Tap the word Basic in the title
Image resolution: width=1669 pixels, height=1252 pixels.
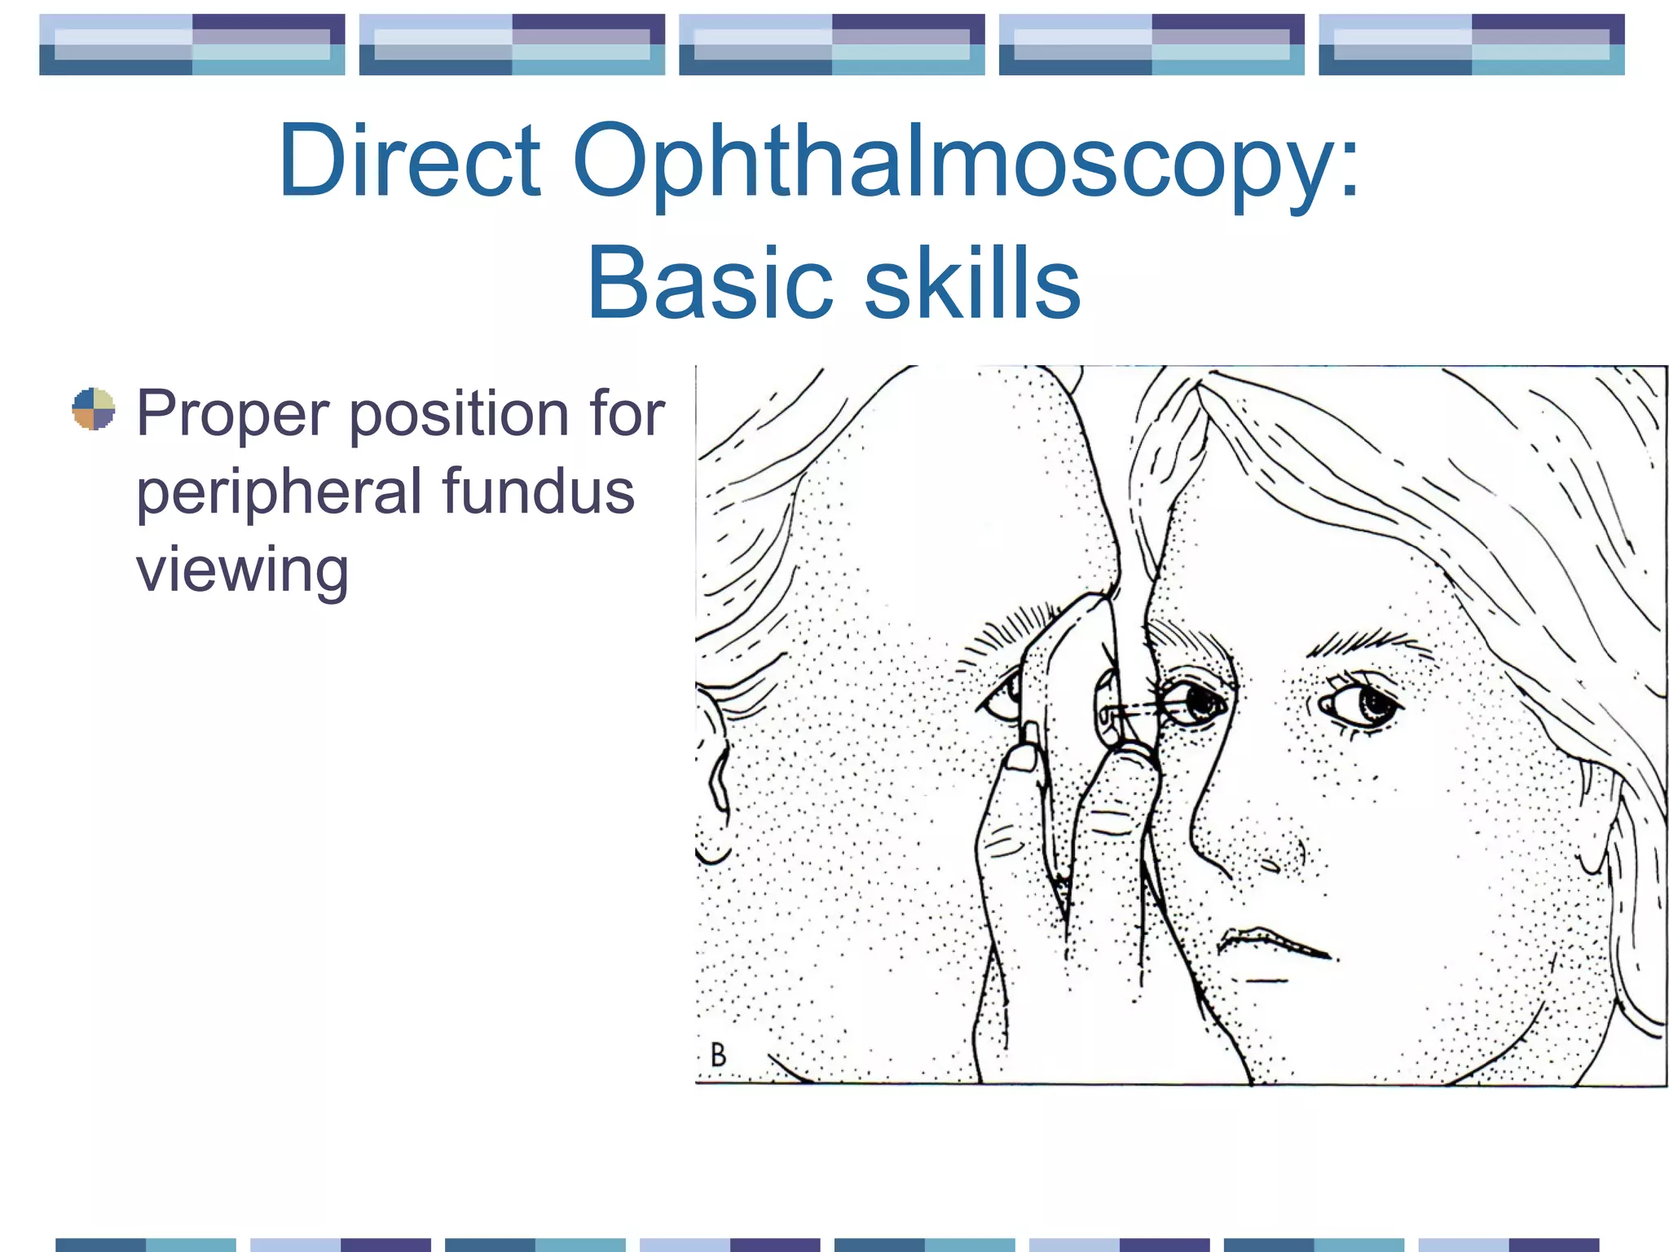(709, 282)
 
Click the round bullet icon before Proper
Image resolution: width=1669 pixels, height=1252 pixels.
(94, 408)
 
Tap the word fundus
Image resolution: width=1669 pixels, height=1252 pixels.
(538, 491)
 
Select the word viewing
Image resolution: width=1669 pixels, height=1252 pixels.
(242, 569)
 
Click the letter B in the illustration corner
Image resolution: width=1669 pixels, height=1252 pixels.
(718, 1055)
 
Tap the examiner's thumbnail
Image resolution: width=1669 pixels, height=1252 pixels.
(1022, 757)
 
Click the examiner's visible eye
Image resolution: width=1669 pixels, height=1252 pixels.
(1002, 694)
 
